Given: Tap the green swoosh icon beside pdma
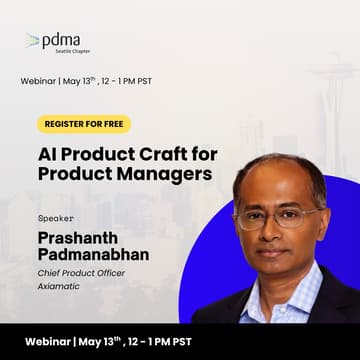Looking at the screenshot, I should coord(33,41).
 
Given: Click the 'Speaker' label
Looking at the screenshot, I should coord(55,216).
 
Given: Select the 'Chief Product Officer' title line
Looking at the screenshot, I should coord(84,272).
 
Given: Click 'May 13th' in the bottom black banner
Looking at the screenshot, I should coord(121,339).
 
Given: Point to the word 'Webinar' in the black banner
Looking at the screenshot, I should coord(49,340).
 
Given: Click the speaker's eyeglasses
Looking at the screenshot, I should coord(281,215).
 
